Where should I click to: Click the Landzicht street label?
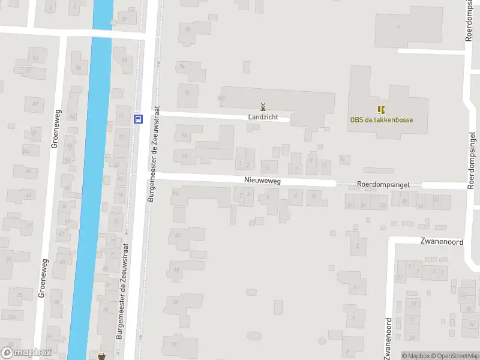[x=263, y=117]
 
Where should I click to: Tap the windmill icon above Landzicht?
[x=263, y=107]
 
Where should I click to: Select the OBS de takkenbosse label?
[x=382, y=119]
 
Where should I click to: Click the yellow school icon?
[x=380, y=110]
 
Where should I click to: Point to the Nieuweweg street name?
[x=262, y=180]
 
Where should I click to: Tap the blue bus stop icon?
[x=139, y=119]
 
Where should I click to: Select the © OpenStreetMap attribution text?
[x=454, y=356]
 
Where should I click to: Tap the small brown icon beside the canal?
[x=101, y=356]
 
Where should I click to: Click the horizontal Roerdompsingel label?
[x=383, y=185]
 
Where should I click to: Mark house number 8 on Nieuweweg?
[x=313, y=195]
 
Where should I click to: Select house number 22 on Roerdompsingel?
[x=383, y=205]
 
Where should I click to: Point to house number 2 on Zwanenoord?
[x=358, y=245]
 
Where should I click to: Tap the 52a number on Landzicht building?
[x=221, y=98]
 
